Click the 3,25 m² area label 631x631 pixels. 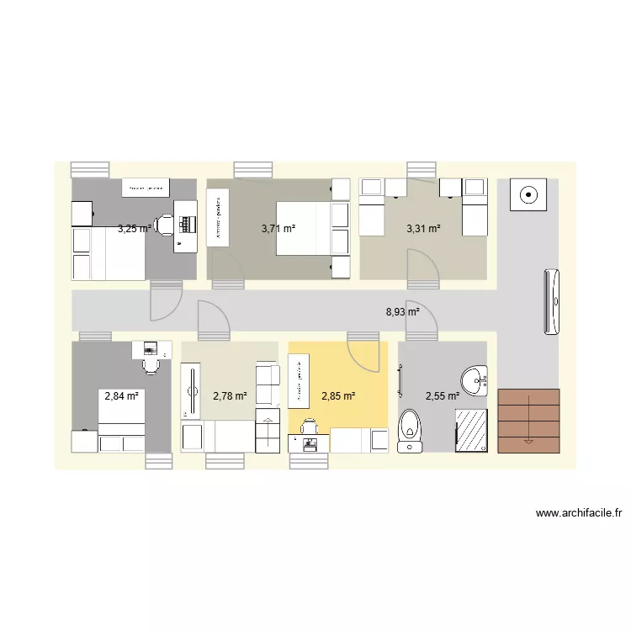tap(135, 228)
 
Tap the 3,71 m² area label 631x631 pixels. tap(278, 228)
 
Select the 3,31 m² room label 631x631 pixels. tap(423, 228)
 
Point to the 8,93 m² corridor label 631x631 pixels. tap(402, 311)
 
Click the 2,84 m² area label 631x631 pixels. tap(121, 395)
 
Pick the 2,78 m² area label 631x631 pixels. tap(230, 395)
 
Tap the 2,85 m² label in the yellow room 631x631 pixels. tap(338, 395)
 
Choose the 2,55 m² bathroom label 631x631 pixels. tap(442, 395)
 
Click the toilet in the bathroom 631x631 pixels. tap(410, 427)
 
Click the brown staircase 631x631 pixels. tap(528, 421)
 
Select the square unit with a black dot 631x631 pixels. tap(528, 195)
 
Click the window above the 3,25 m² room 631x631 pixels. tap(90, 169)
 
